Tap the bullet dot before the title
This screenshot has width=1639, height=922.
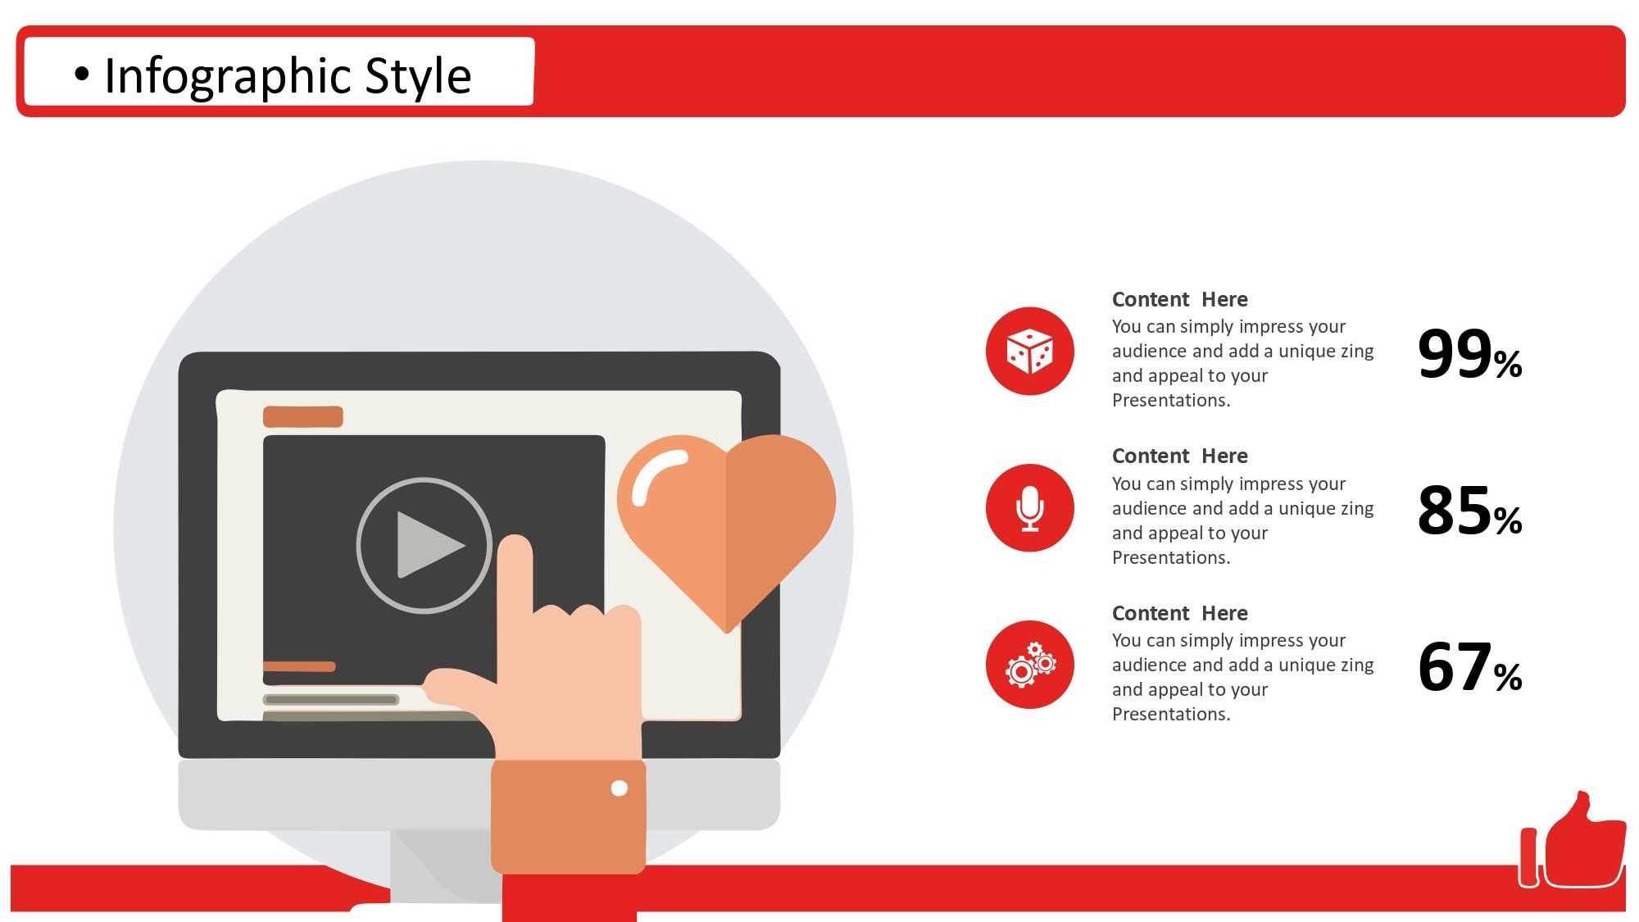click(x=81, y=75)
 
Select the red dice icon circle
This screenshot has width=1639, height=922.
click(x=1029, y=351)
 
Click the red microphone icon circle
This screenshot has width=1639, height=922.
click(x=1029, y=508)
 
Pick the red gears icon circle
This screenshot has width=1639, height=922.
click(x=1029, y=665)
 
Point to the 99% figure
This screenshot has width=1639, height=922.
click(x=1469, y=354)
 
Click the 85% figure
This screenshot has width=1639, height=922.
click(x=1469, y=511)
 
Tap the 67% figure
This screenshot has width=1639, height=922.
click(x=1469, y=667)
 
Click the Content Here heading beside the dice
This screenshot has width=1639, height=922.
click(x=1179, y=299)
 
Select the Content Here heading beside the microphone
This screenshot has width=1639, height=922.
click(x=1179, y=456)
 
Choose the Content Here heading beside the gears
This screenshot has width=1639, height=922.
click(x=1179, y=613)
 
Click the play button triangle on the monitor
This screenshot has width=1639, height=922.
click(x=427, y=545)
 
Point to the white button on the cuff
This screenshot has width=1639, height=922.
click(x=620, y=788)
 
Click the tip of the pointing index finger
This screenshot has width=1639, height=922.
click(x=515, y=539)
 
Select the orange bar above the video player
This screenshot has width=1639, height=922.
click(x=303, y=416)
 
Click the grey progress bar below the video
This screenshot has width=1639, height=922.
click(x=331, y=700)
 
